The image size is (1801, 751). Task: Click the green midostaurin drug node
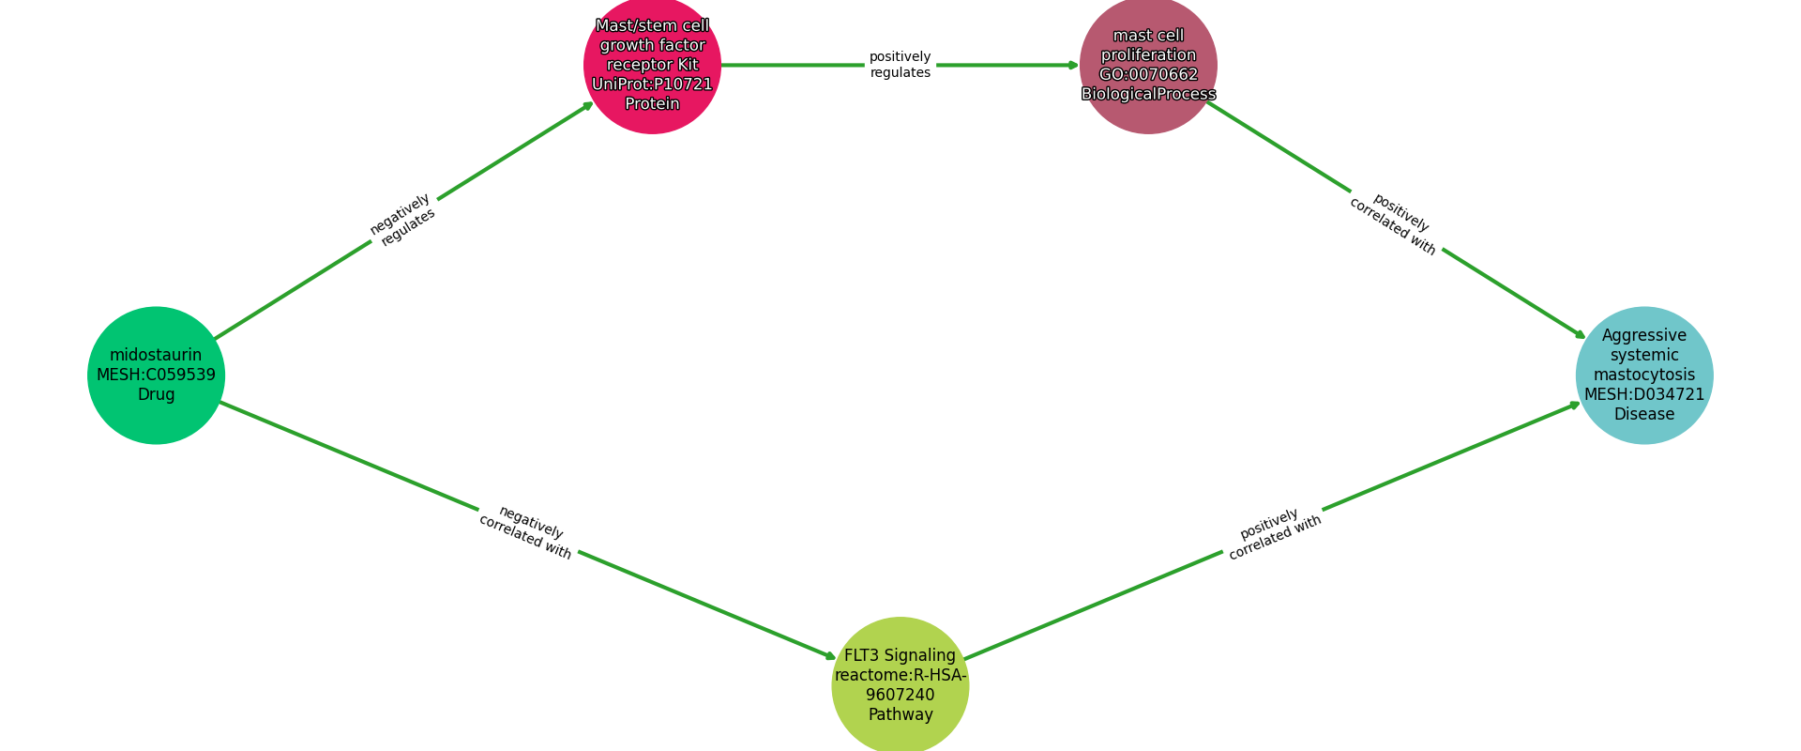pos(156,375)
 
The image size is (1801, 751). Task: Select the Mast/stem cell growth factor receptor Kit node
pos(652,65)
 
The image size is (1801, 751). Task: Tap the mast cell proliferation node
pos(1148,65)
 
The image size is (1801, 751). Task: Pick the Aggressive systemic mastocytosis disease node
pos(1643,375)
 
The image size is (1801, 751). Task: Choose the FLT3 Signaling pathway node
pos(900,685)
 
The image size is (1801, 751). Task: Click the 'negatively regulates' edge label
pos(402,221)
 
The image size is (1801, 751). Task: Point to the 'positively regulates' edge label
pos(900,65)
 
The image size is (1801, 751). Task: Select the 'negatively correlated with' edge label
pos(527,532)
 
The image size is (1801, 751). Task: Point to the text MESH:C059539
pos(156,375)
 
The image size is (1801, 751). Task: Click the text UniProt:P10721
pos(652,84)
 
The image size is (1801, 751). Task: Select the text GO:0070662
pos(1148,75)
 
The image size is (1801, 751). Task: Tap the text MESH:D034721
pos(1643,394)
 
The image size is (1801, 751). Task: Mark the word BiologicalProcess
pos(1148,95)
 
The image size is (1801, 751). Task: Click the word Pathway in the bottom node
pos(900,715)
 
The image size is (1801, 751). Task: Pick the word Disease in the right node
pos(1643,414)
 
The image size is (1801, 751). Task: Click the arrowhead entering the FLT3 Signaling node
pos(830,657)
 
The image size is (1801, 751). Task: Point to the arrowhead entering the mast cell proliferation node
pos(1074,65)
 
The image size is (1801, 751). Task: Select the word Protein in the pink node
pos(652,104)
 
